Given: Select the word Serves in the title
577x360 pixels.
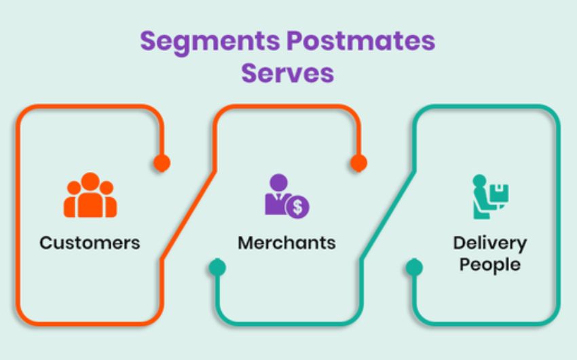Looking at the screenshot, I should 288,72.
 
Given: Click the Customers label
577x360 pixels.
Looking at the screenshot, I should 90,242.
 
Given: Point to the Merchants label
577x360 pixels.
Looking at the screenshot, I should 286,242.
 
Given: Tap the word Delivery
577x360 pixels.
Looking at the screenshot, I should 489,242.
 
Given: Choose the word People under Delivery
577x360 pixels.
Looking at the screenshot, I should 489,264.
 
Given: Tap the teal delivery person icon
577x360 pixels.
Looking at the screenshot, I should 490,196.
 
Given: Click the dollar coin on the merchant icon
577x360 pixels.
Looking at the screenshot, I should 297,207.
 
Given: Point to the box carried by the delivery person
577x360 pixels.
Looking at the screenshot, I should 501,192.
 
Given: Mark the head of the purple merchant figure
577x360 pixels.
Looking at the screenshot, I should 278,183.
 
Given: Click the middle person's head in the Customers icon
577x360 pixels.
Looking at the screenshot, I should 90,181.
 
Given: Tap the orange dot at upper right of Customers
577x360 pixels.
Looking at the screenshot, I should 162,163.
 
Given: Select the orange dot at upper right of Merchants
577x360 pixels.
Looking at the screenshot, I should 358,163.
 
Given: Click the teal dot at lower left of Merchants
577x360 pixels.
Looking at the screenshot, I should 217,268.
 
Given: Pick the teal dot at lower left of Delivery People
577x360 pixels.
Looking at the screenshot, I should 414,268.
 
